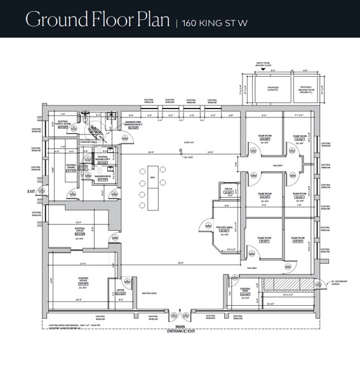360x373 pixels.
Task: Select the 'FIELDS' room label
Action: coord(227,190)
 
